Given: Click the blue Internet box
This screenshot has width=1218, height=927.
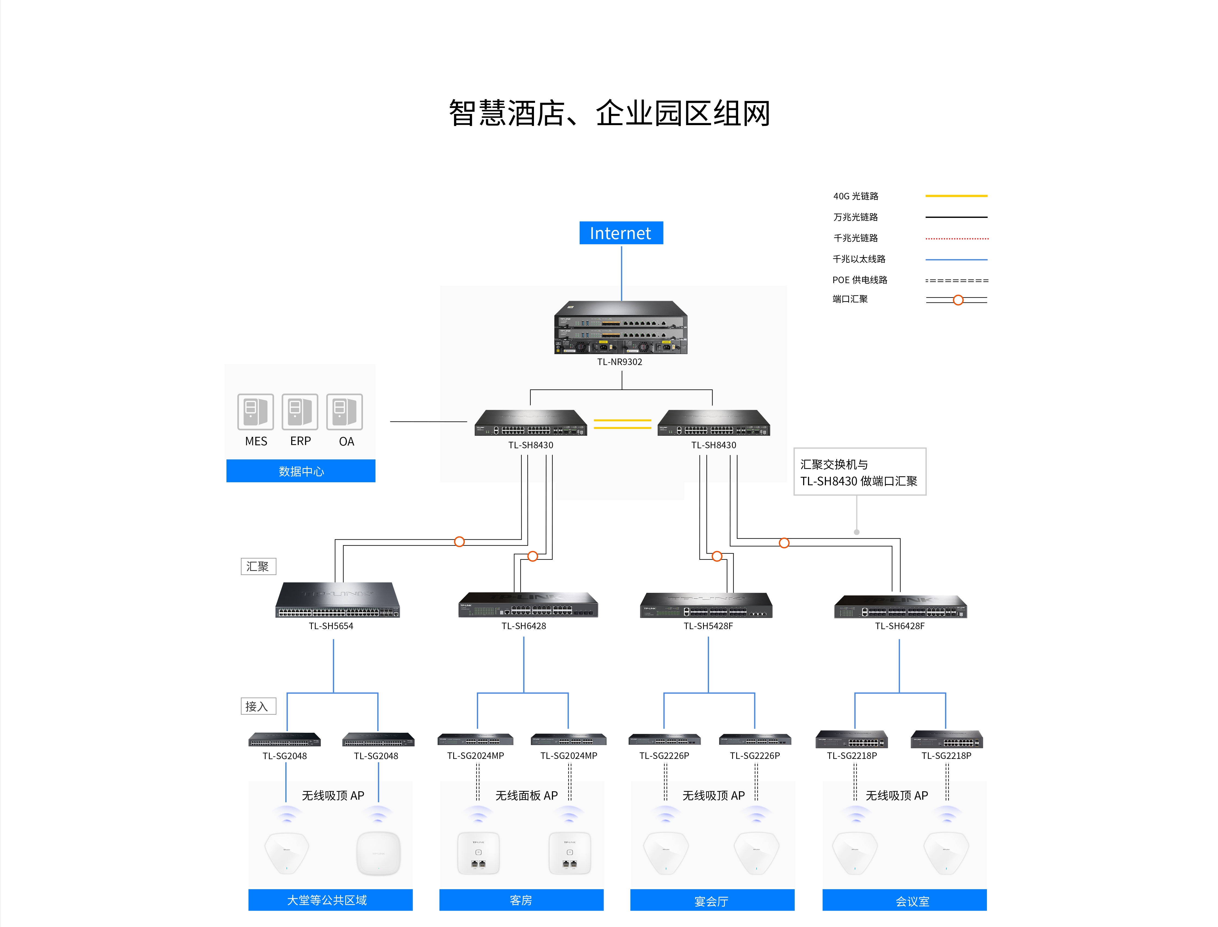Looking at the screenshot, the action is coord(621,233).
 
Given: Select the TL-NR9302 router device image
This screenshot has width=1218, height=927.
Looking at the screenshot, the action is coord(621,327).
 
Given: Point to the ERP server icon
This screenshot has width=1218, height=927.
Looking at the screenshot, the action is coord(300,412).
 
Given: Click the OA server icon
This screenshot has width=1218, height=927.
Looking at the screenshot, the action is coord(345,412).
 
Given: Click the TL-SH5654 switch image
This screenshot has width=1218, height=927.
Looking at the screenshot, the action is coord(337,600).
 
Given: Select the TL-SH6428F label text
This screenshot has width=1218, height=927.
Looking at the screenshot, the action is coord(900,626).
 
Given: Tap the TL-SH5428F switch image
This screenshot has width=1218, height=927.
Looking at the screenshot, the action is coord(706,605).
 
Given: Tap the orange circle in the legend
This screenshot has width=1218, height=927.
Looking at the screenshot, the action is coord(958,300).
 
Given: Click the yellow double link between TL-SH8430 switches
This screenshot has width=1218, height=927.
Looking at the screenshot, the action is coord(623,424).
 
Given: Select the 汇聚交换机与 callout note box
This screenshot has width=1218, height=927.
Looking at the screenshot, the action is coord(860,472).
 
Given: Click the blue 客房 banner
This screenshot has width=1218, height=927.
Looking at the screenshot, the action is coord(521,900).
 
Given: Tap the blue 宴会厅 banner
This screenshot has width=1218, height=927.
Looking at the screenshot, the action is coord(712,900).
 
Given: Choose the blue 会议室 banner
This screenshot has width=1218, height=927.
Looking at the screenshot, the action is coord(904,900).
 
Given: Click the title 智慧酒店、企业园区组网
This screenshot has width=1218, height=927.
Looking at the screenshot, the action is coord(609,113).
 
